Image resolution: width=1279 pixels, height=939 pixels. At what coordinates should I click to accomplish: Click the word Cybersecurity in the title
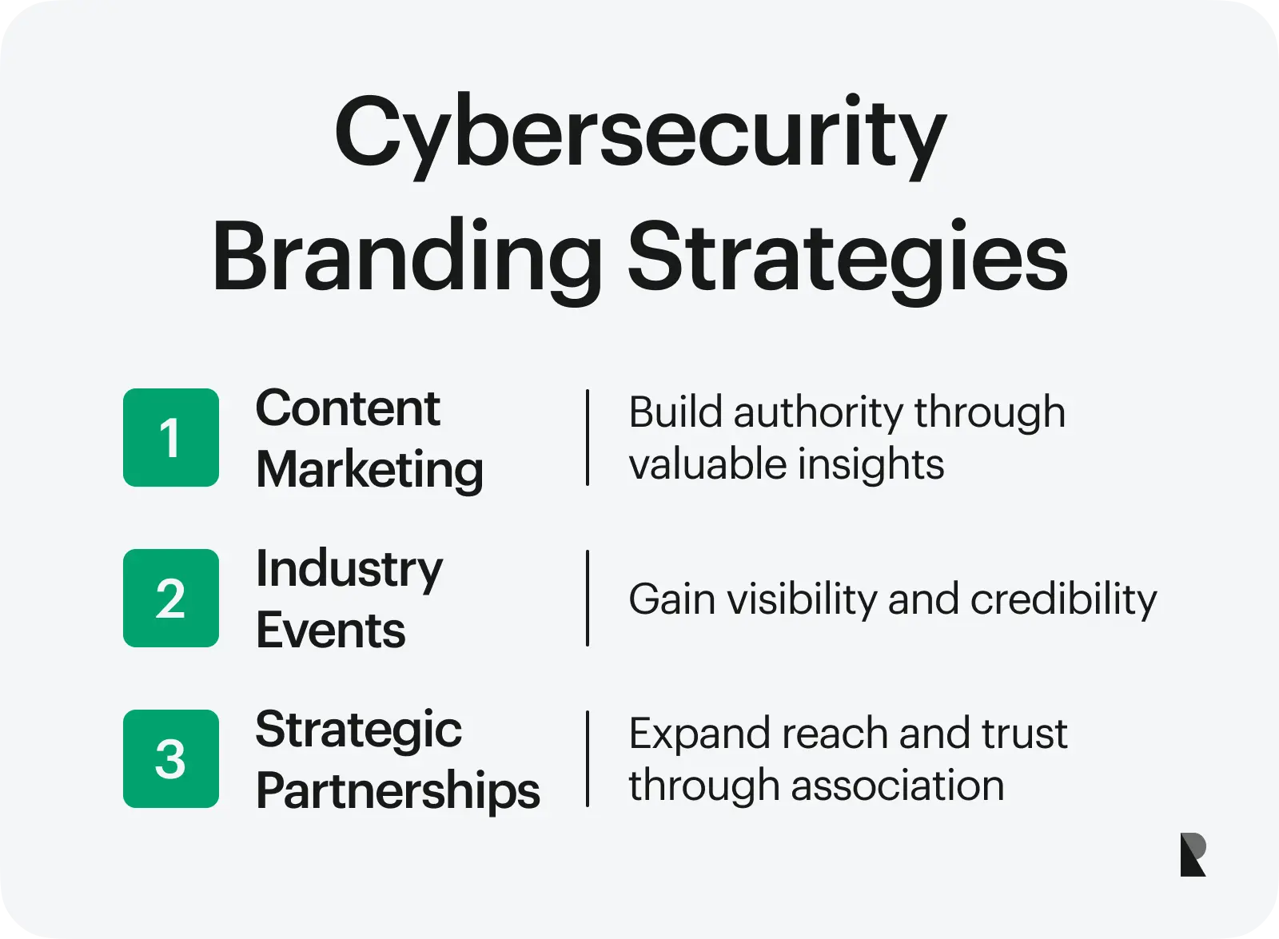639,134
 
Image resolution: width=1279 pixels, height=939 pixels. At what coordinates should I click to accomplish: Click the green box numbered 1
171,438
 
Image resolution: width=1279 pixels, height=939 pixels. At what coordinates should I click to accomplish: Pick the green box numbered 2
171,599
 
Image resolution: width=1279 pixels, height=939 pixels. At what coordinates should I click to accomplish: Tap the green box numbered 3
171,759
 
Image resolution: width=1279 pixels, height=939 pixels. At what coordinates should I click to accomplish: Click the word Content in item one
348,409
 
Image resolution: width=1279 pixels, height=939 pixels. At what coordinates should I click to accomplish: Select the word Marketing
369,469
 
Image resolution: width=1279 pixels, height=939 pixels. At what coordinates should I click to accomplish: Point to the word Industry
349,571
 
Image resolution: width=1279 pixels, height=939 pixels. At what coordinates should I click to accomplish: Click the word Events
330,631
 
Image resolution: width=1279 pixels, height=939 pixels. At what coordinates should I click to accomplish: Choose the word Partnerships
397,791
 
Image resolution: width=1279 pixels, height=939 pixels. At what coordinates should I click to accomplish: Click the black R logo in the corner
1193,854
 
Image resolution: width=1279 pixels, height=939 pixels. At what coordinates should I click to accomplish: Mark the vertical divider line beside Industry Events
588,598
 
